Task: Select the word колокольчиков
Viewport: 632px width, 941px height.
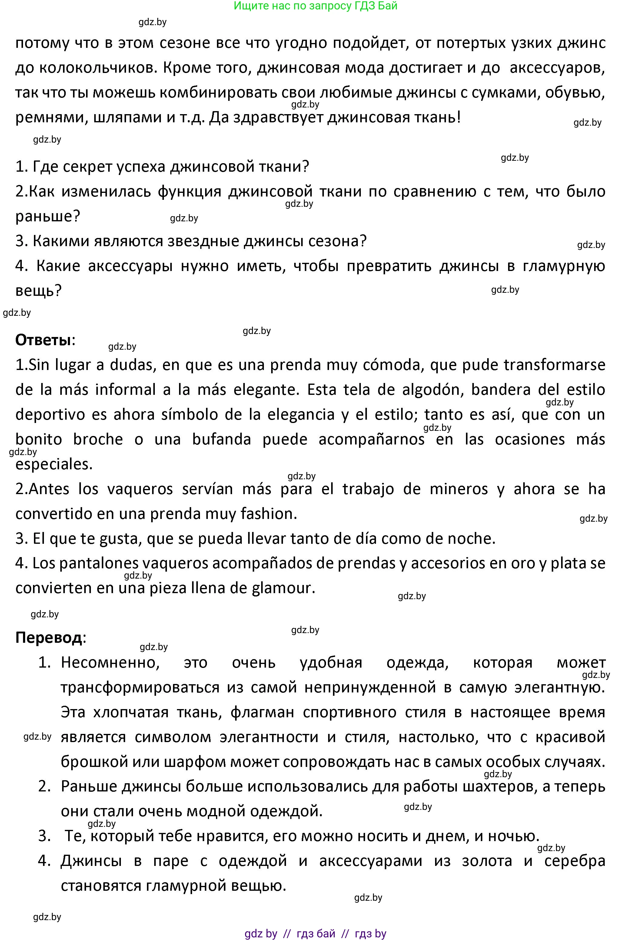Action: click(96, 68)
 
